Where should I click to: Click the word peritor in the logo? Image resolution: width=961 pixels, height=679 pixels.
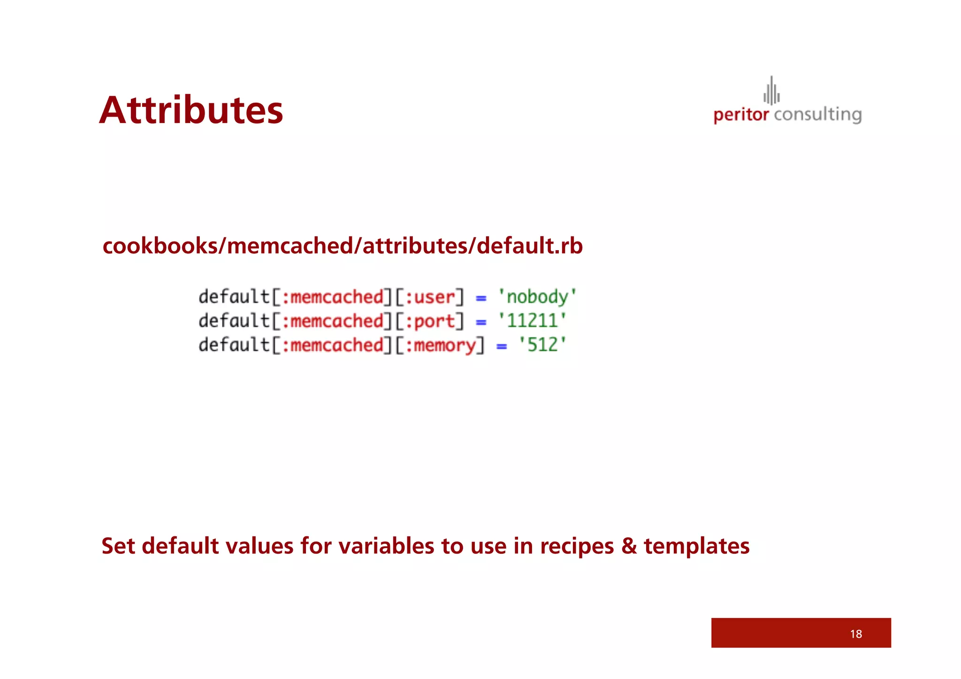[x=740, y=115]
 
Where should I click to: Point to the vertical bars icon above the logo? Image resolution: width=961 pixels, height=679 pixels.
[x=771, y=91]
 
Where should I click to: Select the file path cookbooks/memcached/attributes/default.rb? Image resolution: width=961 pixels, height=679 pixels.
[x=343, y=246]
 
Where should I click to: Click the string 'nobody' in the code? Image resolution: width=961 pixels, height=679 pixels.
[x=537, y=297]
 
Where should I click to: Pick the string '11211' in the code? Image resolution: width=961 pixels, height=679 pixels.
[x=532, y=321]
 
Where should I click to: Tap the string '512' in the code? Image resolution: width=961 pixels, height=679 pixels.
[x=542, y=345]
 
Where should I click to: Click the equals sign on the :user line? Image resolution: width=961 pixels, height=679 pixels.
[x=481, y=298]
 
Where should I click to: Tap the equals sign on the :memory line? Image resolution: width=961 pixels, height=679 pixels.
[x=502, y=346]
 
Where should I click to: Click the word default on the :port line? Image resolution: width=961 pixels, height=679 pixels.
[x=234, y=321]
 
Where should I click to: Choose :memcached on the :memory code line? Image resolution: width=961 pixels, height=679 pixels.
[x=332, y=345]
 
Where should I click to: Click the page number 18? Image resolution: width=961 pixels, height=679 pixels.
[x=856, y=634]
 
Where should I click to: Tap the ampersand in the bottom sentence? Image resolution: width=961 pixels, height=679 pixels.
[x=628, y=546]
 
